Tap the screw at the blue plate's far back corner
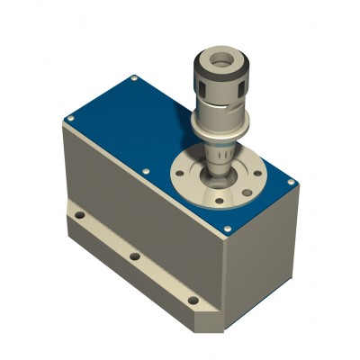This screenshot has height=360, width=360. (x=134, y=79)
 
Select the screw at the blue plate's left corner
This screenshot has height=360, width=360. (x=68, y=119)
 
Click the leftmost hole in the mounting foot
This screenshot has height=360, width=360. (x=80, y=217)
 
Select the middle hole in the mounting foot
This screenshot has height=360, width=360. (x=134, y=256)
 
